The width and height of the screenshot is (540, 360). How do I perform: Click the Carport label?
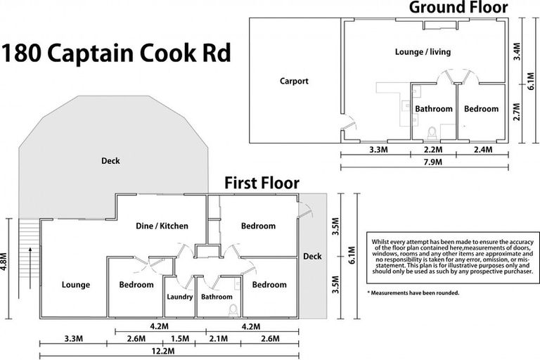[294, 82]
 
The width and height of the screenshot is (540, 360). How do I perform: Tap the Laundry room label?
[179, 297]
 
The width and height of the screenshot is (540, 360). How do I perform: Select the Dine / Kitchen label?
[162, 226]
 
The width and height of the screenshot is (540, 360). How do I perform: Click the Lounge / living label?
[422, 52]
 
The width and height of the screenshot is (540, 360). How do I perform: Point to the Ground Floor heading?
[468, 8]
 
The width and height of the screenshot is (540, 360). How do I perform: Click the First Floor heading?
[262, 184]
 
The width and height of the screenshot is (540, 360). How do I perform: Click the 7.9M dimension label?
[423, 162]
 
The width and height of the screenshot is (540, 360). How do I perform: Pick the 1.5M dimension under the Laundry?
[179, 338]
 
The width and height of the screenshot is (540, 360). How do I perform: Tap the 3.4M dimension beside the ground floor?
[517, 51]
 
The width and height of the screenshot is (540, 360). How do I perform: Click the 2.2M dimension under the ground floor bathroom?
[432, 150]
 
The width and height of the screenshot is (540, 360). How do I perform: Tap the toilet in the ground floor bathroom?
[432, 131]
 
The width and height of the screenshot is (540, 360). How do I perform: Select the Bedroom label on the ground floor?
[481, 109]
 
